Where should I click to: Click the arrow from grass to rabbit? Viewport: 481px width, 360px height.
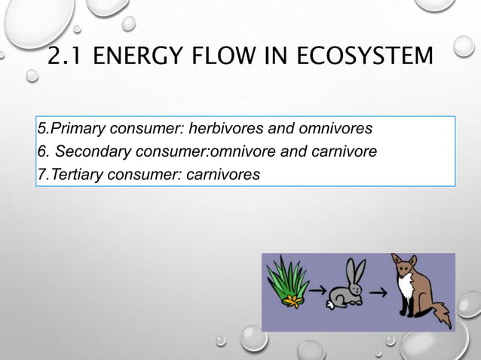pos(318,288)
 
